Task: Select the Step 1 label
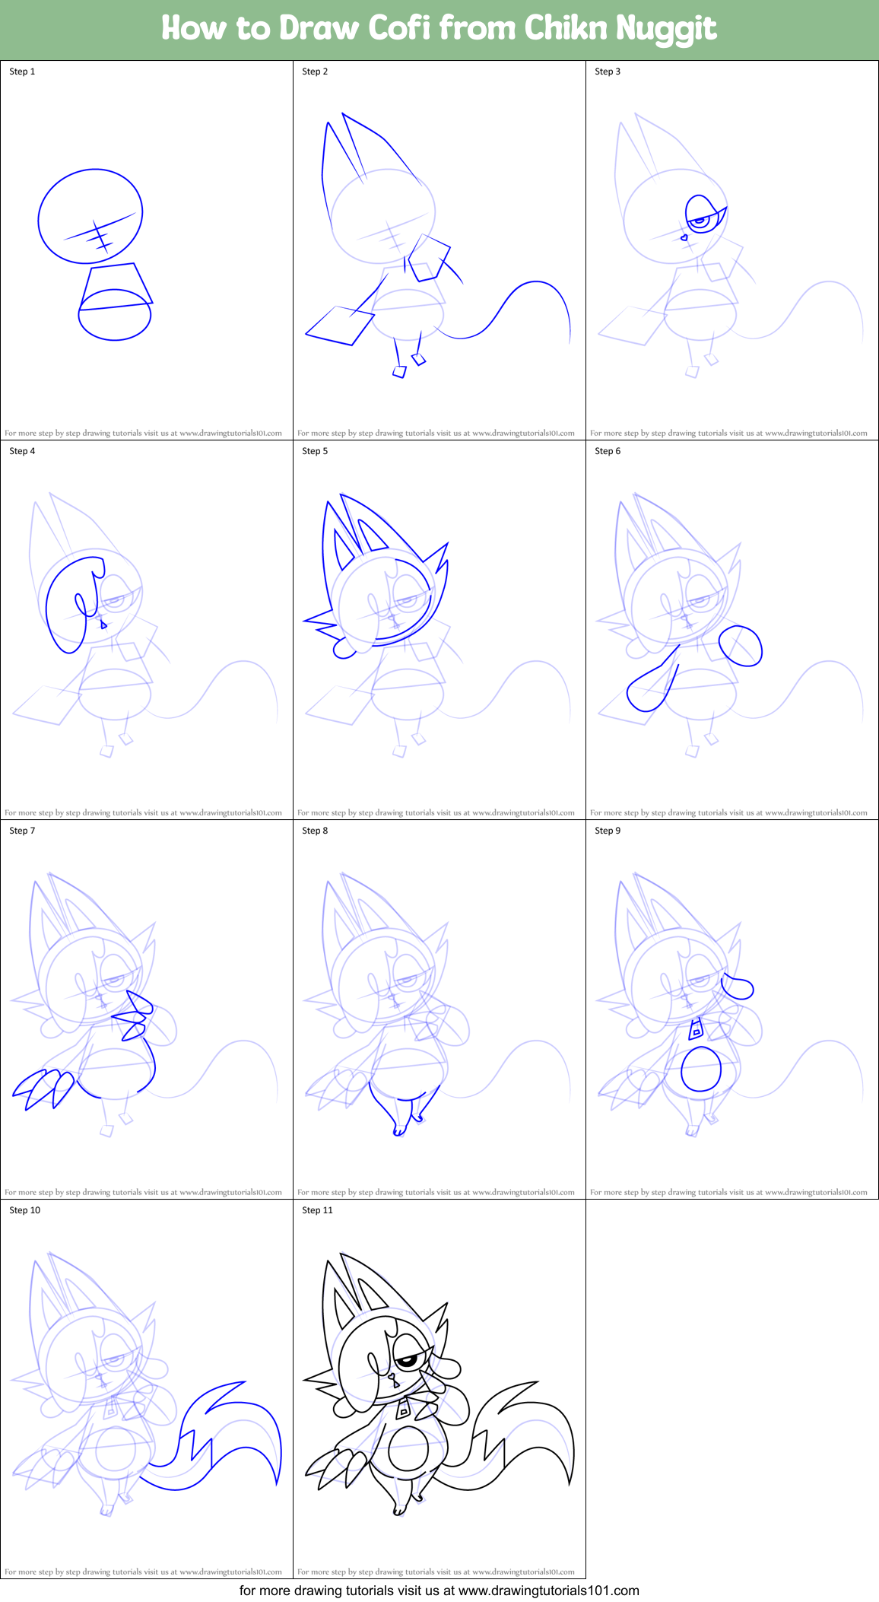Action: tap(22, 72)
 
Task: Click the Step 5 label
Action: tap(315, 451)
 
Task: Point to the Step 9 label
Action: tap(608, 831)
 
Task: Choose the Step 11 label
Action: tap(317, 1210)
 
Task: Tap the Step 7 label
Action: tap(22, 831)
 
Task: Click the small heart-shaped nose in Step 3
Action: tap(684, 238)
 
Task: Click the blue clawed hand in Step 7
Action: tap(42, 1088)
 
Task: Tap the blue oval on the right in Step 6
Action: tap(740, 646)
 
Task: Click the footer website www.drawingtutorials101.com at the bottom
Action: tap(548, 1590)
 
